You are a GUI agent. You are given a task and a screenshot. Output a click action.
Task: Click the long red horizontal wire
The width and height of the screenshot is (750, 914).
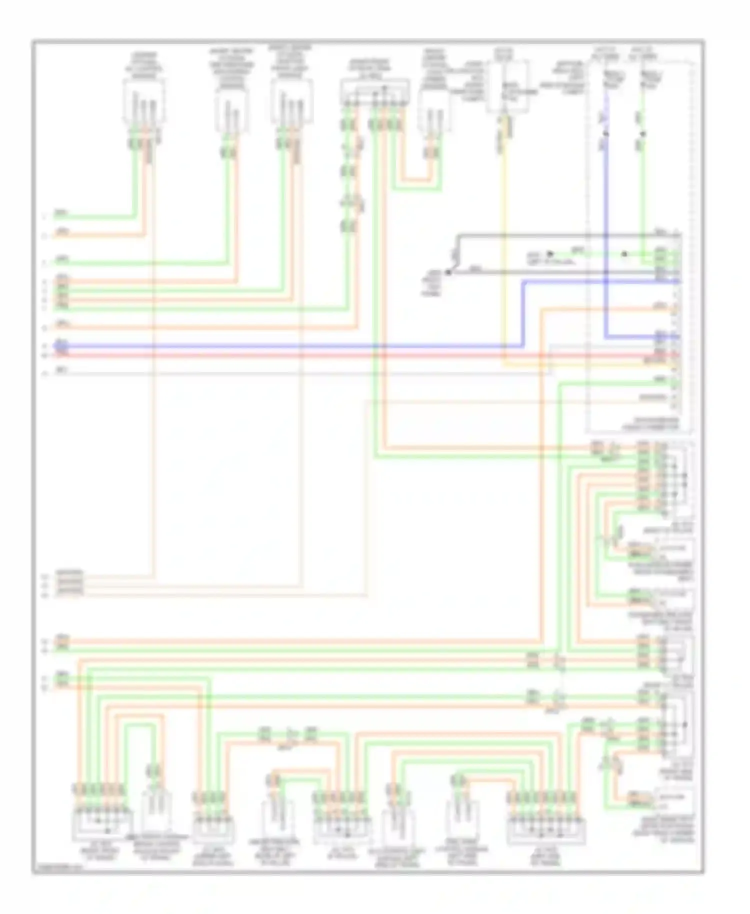pos(300,355)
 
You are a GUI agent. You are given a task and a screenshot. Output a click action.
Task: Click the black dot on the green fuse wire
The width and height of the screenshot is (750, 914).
pos(643,134)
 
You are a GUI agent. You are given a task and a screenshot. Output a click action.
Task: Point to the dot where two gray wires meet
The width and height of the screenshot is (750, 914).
pos(448,272)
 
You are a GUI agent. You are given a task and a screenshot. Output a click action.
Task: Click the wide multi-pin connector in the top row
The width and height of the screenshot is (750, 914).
pos(374,93)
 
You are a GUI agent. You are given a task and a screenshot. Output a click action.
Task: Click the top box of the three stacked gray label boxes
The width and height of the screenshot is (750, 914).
pos(69,574)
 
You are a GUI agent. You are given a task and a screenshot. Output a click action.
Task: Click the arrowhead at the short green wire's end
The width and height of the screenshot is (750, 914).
pos(548,254)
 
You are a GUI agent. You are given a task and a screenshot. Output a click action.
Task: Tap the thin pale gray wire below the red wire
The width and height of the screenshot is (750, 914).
pos(300,373)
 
